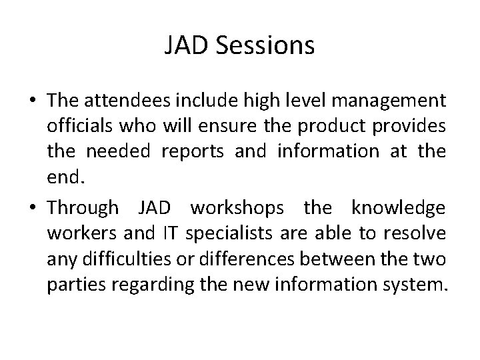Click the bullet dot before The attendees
[33, 102]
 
